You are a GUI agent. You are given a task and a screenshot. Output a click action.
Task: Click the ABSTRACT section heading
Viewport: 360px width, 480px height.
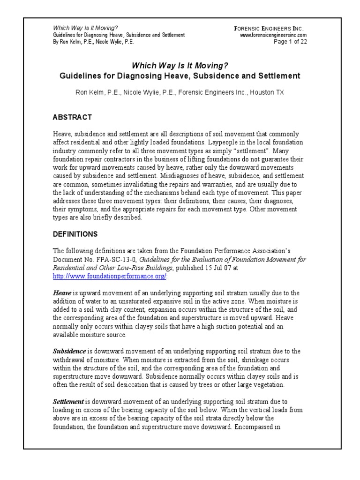[x=72, y=117]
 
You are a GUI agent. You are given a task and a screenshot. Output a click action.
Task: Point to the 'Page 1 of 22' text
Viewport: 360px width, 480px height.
[x=290, y=41]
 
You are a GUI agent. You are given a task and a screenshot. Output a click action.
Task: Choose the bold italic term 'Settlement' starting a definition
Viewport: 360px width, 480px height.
[x=68, y=402]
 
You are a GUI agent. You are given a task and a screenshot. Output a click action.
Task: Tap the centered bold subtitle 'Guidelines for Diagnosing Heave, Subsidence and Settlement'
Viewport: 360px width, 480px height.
[x=180, y=75]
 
